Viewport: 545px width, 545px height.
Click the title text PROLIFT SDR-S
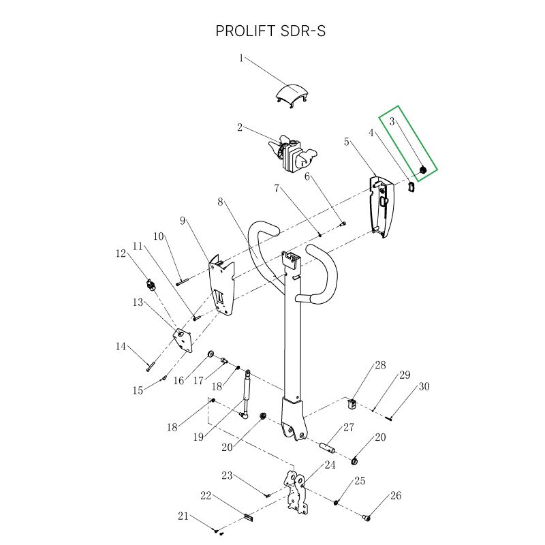[270, 31]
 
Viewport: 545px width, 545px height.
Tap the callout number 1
[241, 59]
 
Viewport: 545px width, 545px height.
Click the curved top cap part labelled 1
[292, 94]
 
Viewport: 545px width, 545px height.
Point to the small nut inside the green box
[422, 169]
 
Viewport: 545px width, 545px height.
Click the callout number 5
[347, 142]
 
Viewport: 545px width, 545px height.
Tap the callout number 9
[183, 221]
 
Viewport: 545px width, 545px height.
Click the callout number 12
[121, 253]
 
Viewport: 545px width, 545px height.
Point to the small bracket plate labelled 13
[183, 340]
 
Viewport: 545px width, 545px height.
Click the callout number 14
[121, 347]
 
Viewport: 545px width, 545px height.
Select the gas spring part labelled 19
[245, 393]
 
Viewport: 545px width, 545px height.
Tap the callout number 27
[349, 428]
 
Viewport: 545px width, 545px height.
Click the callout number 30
[424, 386]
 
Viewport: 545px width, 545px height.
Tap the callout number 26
[396, 495]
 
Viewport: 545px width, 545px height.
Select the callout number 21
[183, 516]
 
